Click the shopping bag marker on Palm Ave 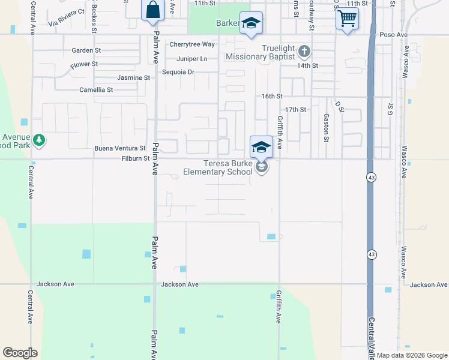tap(152, 10)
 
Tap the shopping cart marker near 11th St tap(346, 19)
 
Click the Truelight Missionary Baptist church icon tap(304, 51)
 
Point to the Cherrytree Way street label tap(192, 44)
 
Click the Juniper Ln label tap(192, 59)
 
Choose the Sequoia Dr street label tap(179, 72)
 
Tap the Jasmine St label tap(134, 78)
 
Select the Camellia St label tap(97, 90)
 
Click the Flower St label tap(84, 64)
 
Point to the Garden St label tap(84, 50)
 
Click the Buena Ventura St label tap(120, 148)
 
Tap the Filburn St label tap(134, 158)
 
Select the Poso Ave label tap(394, 35)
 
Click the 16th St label tap(272, 96)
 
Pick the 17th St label tap(296, 110)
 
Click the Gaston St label tap(326, 128)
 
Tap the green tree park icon tap(39, 140)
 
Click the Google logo tap(20, 353)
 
